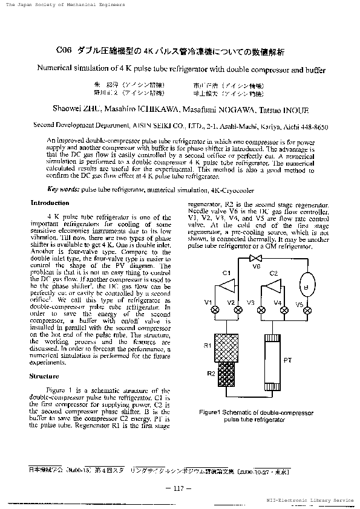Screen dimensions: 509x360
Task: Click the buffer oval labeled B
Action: point(306,286)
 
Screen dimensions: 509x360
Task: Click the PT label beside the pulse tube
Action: point(288,359)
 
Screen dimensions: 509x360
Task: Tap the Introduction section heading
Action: point(50,203)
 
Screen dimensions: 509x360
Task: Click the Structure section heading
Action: point(44,376)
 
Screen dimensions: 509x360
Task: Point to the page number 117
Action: point(178,488)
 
